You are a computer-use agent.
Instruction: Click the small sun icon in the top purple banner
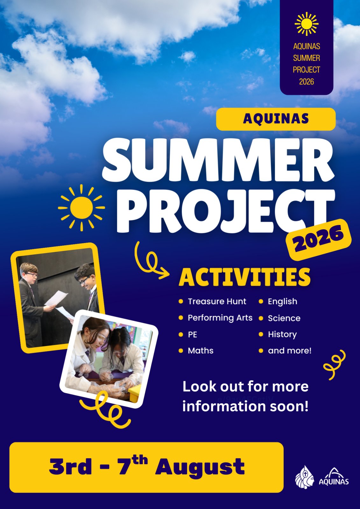click(306, 24)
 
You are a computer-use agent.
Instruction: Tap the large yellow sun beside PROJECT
click(81, 208)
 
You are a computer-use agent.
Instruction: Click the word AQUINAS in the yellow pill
click(276, 119)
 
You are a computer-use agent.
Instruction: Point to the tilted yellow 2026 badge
click(318, 240)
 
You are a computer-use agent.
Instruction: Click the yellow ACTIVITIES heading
click(244, 277)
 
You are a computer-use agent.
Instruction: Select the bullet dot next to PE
click(181, 334)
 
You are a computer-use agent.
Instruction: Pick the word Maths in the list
click(201, 351)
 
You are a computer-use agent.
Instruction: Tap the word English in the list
click(282, 302)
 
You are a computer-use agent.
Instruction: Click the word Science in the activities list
click(284, 318)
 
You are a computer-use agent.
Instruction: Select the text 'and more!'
click(290, 351)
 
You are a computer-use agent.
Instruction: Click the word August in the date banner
click(200, 467)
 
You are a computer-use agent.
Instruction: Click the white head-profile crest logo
click(305, 477)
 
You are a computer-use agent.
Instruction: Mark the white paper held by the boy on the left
click(56, 298)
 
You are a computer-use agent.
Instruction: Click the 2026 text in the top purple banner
click(306, 81)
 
